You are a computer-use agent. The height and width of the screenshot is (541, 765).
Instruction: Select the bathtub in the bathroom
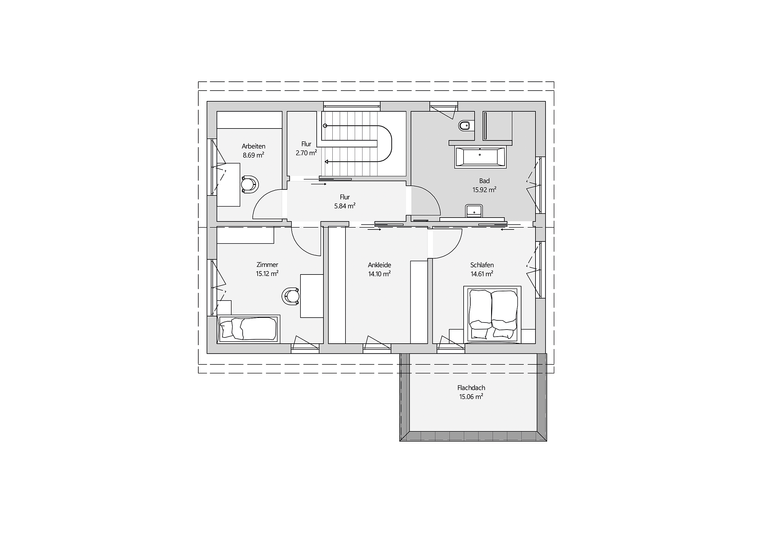480,157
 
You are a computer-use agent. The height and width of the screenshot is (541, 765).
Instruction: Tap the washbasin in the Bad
474,211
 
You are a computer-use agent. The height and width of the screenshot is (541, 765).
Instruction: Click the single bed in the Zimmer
248,329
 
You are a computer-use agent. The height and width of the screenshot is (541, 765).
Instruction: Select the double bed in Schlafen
492,314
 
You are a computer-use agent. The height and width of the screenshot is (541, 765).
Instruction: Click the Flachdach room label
471,388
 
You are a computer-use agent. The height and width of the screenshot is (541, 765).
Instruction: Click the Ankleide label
379,265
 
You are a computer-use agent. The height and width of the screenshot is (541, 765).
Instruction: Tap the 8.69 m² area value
254,155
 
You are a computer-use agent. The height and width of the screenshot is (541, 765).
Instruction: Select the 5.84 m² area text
345,206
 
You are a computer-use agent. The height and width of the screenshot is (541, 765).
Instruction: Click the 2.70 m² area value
306,153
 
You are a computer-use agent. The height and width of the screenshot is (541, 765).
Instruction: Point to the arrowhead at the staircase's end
327,162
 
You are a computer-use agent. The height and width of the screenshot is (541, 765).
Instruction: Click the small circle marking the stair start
325,125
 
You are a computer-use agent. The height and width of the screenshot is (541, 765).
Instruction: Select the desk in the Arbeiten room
229,185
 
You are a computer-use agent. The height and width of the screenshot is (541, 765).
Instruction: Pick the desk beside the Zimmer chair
312,296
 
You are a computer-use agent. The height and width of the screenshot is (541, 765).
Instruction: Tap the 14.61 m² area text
482,274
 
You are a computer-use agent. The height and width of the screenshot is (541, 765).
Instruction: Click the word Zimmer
267,265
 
